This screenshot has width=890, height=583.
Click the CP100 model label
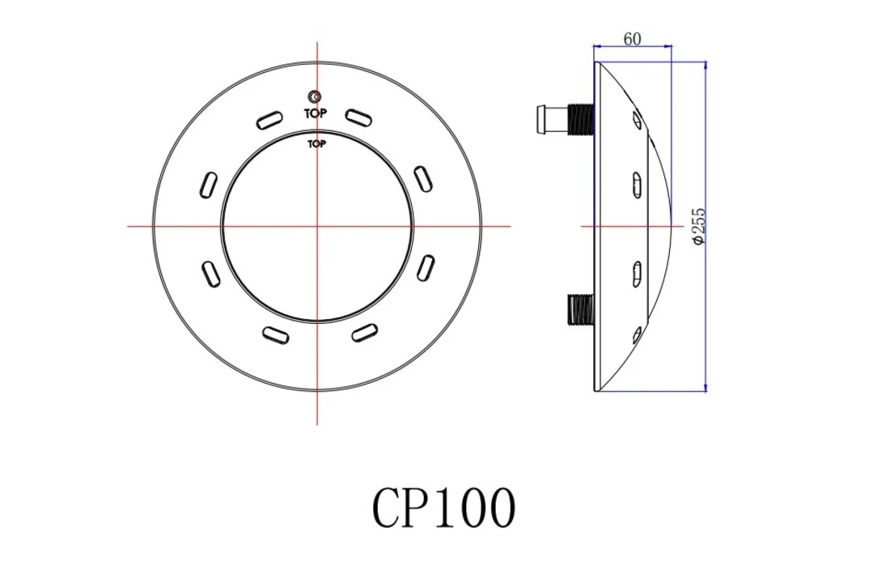[443, 509]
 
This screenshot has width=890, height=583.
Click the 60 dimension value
[633, 39]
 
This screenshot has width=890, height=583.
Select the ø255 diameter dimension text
[699, 226]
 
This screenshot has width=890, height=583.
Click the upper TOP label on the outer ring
[316, 113]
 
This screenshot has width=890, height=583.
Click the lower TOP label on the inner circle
[316, 144]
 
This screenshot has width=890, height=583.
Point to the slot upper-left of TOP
[269, 121]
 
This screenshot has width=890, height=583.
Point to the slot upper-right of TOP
[359, 117]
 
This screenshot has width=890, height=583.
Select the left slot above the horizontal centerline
[208, 184]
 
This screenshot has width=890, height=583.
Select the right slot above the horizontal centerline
[423, 178]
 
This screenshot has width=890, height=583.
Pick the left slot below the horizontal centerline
[210, 272]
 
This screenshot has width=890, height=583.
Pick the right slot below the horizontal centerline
[425, 268]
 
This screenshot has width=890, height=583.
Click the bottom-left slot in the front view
[274, 334]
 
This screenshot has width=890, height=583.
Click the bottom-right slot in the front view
[364, 331]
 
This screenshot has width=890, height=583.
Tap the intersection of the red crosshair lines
[317, 226]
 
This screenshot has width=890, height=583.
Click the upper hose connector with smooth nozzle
[551, 119]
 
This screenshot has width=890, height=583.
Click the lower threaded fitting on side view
[578, 309]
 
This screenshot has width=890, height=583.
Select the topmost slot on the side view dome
[637, 121]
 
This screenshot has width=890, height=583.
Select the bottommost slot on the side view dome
[637, 332]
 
